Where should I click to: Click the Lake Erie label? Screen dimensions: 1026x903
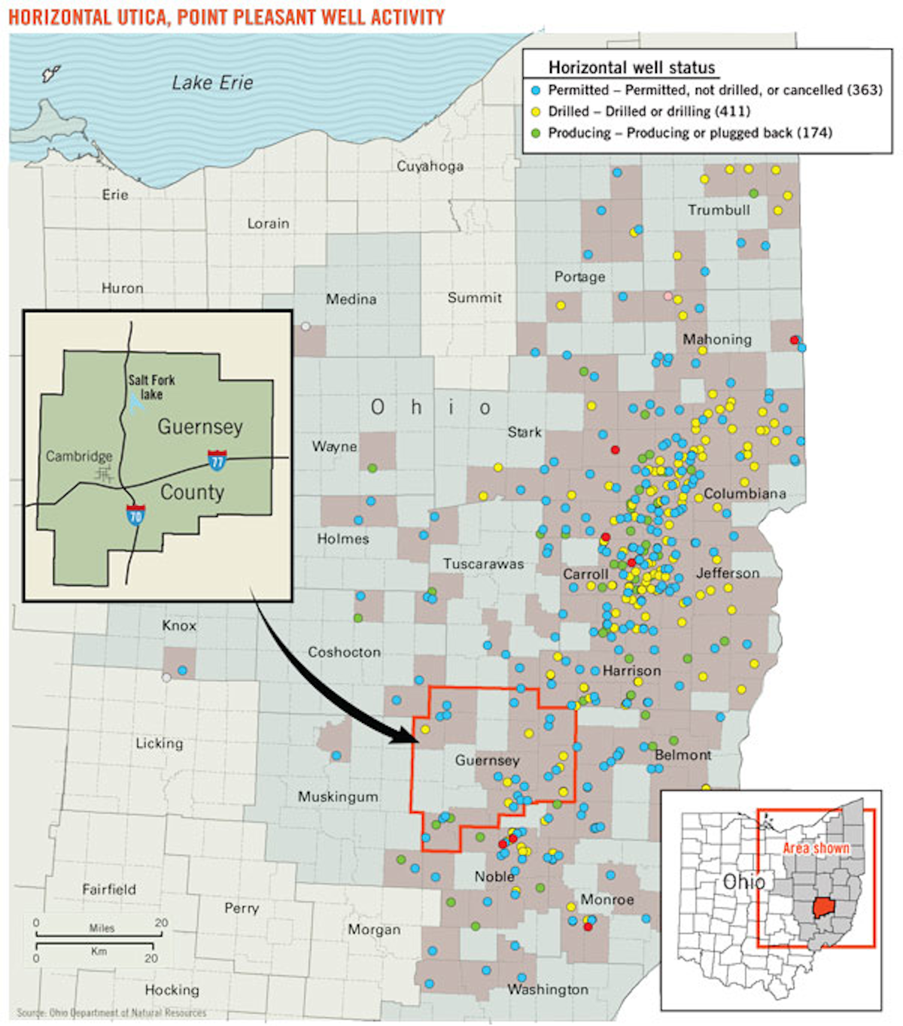(x=212, y=83)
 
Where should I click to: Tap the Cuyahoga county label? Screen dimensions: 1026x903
(x=430, y=166)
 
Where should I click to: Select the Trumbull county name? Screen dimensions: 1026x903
(x=719, y=210)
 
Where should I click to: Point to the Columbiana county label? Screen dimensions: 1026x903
(x=745, y=493)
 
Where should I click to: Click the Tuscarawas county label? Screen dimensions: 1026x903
(x=483, y=563)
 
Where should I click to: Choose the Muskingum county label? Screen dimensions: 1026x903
(x=338, y=796)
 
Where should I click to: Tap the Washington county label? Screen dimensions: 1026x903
(x=548, y=989)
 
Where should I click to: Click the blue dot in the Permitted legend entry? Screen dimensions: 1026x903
(x=536, y=90)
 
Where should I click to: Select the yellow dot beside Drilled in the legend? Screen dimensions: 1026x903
(x=536, y=111)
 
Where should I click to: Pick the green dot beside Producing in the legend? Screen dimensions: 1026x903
(x=536, y=133)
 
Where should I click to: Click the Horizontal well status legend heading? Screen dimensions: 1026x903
(x=631, y=68)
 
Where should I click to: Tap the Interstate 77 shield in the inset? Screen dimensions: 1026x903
(x=217, y=459)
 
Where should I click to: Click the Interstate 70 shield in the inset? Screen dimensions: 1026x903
(x=135, y=515)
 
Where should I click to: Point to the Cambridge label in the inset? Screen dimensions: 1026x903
(x=79, y=456)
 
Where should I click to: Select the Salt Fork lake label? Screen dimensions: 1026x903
(x=151, y=387)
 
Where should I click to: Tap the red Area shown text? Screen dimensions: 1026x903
(x=816, y=848)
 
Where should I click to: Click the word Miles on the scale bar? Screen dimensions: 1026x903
(x=102, y=927)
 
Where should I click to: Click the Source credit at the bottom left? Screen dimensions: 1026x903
(x=111, y=1012)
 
